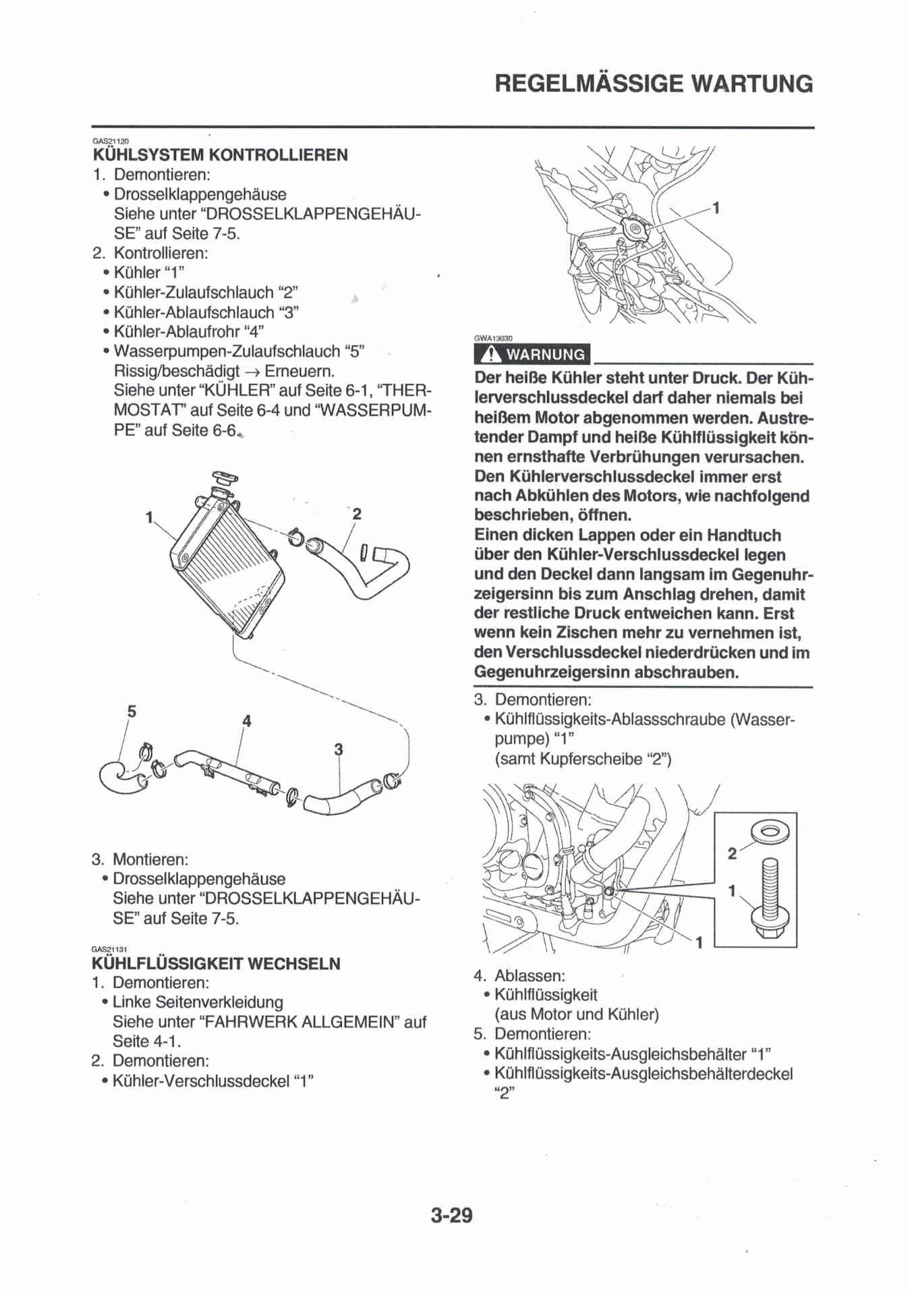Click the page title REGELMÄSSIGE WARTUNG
[654, 84]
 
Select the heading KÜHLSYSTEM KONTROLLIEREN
[220, 155]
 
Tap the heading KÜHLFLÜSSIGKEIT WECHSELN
[216, 963]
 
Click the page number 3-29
[451, 1215]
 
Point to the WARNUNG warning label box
[532, 354]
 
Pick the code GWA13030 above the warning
[493, 339]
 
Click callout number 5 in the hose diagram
[132, 711]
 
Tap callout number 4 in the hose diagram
[247, 721]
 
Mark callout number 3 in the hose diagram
[338, 749]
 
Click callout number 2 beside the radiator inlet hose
[357, 514]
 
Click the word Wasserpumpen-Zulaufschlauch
[227, 351]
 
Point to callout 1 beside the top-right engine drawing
[716, 208]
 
